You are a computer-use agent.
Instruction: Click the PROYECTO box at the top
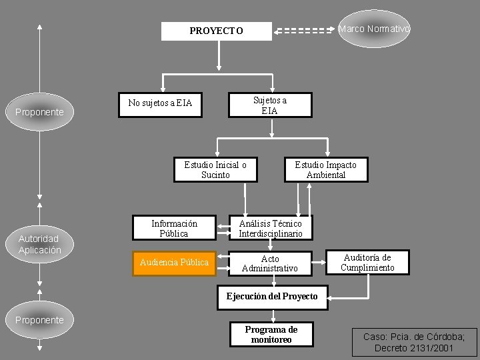point(217,31)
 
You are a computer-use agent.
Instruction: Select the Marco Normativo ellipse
point(374,29)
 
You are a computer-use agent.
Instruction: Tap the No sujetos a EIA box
point(160,105)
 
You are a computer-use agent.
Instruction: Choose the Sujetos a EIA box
point(270,105)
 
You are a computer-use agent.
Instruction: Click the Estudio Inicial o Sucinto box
point(215,169)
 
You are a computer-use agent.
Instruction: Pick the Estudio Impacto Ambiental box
point(326,169)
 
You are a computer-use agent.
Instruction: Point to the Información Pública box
point(174,228)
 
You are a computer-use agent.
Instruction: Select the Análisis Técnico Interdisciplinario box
point(271,228)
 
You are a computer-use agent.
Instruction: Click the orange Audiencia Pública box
point(174,263)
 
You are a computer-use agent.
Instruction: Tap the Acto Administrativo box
point(270,263)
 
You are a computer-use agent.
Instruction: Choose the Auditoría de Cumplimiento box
point(367,263)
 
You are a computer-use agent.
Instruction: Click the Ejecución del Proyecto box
point(272,297)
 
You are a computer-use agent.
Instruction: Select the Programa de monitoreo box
point(271,334)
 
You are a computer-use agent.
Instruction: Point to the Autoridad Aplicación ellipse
point(39,244)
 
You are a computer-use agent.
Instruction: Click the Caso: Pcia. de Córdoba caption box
point(415,342)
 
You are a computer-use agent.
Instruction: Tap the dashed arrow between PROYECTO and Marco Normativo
point(304,31)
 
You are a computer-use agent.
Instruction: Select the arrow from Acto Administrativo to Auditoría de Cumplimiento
point(319,263)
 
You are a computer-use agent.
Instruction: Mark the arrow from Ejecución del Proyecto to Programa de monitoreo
point(273,316)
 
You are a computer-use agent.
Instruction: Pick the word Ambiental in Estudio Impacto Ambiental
point(326,175)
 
